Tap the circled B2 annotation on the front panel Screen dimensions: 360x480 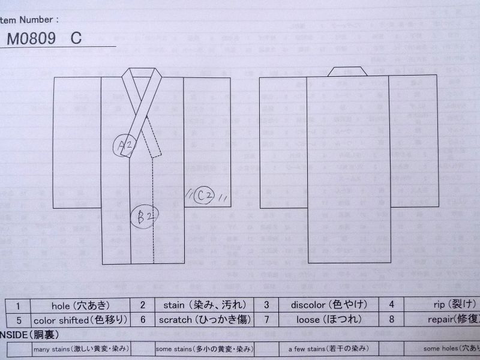click(145, 217)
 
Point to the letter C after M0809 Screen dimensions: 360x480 click(76, 38)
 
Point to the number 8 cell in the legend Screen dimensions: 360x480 click(391, 320)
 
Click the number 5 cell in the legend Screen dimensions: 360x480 click(18, 320)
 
